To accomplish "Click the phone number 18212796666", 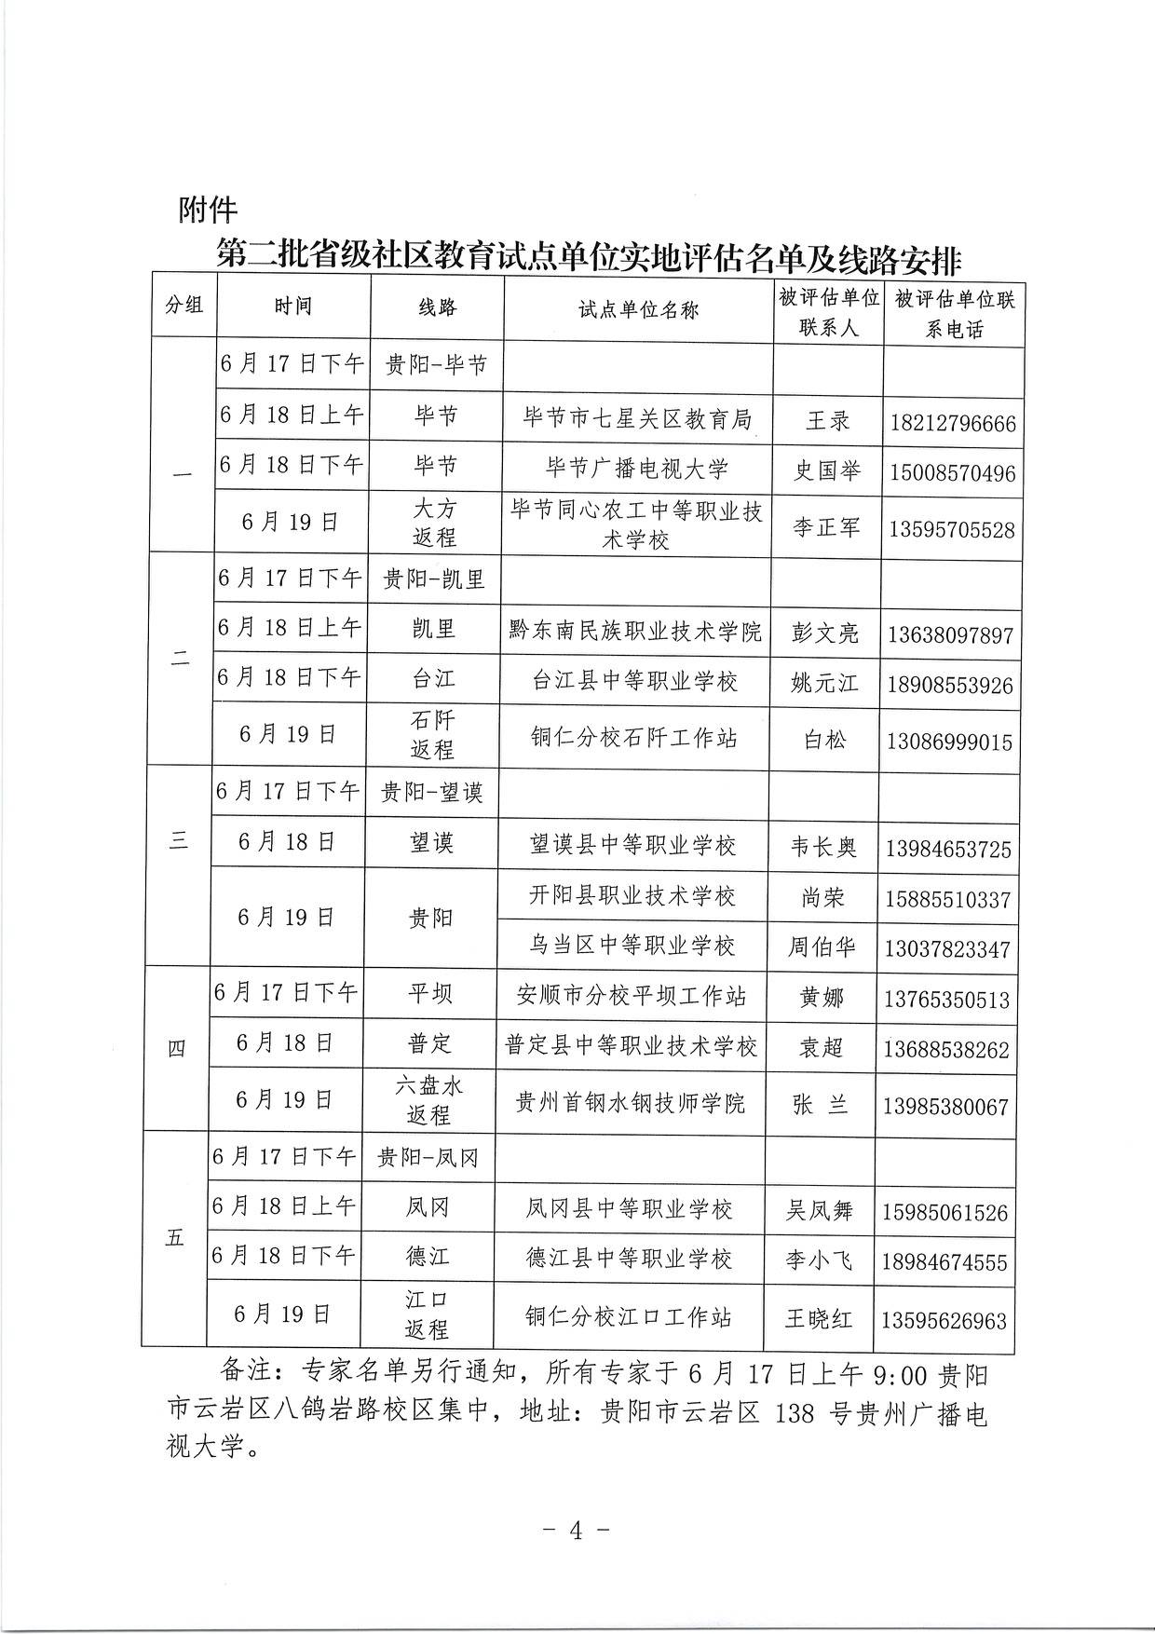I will (x=953, y=424).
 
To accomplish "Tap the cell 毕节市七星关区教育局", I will (x=638, y=420).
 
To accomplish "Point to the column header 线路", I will (x=437, y=308).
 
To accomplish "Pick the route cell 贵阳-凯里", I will (x=434, y=579).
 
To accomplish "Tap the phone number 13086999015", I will (x=950, y=742).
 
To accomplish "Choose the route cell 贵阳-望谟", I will (x=432, y=793).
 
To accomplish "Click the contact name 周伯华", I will (x=822, y=947).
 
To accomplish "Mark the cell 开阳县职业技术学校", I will (x=632, y=896).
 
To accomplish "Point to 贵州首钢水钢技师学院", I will (x=631, y=1104).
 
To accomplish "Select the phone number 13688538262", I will (x=946, y=1051).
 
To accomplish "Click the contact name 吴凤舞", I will (x=820, y=1210).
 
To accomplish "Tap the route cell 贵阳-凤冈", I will (x=428, y=1158).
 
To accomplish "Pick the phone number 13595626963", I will (x=944, y=1321).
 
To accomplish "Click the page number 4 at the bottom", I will (x=576, y=1530).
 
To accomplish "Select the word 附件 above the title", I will (x=208, y=211).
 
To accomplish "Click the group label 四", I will (x=176, y=1049).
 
